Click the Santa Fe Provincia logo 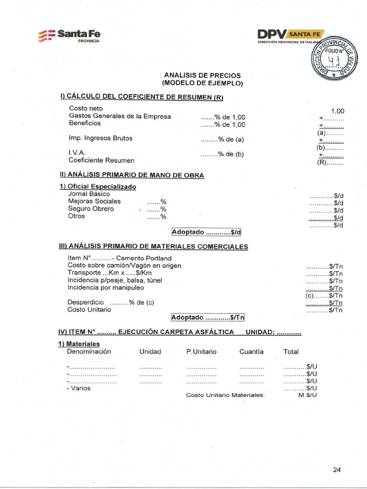click(69, 36)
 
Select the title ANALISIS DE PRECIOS click(202, 75)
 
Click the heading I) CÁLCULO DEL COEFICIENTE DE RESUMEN click(142, 97)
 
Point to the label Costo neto click(86, 108)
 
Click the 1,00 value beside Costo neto click(337, 111)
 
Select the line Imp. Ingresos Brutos click(100, 138)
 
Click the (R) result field click(330, 162)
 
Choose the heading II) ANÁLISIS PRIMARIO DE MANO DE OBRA click(131, 175)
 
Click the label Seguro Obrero click(91, 209)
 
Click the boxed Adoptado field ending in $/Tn click(207, 318)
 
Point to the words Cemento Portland click(144, 258)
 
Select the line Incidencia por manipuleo click(106, 287)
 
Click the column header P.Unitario click(201, 351)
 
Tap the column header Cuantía click(251, 351)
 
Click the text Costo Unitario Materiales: click(225, 395)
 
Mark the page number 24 click(337, 470)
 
